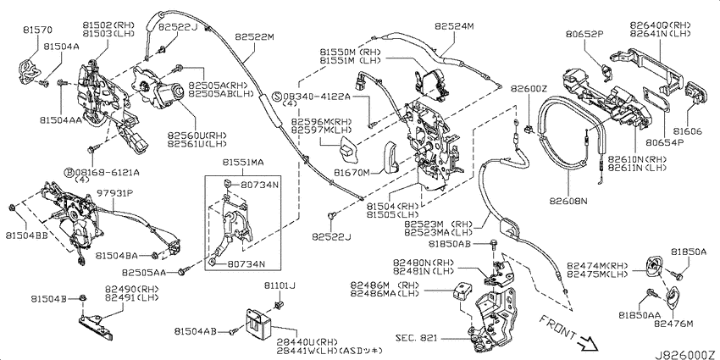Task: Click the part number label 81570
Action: coord(37,30)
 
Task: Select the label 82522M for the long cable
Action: coord(254,36)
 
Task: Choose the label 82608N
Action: coord(568,201)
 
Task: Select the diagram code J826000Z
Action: coord(686,355)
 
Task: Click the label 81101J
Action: coord(280,285)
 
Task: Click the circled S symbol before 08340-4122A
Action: coord(277,97)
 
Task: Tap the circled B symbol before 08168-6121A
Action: coord(69,172)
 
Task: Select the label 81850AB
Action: coord(450,243)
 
